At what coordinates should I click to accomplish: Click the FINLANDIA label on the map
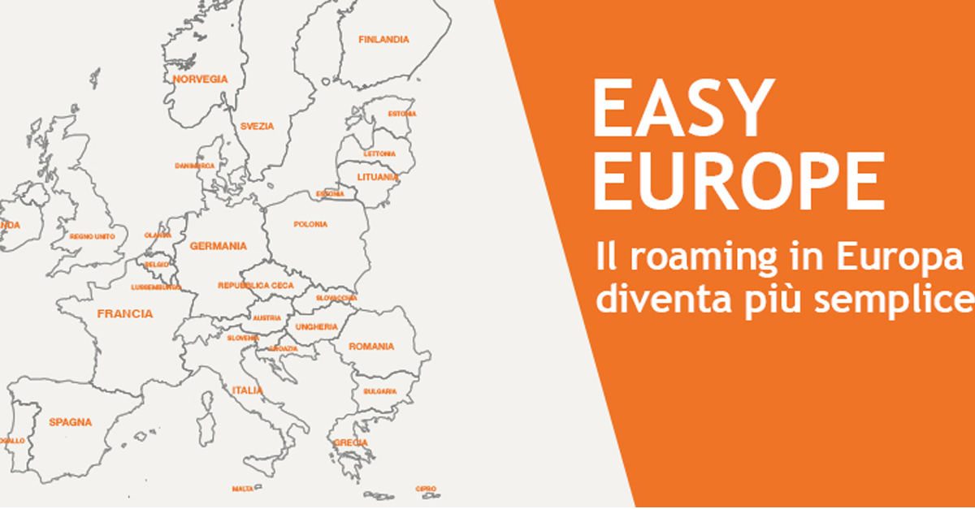(384, 39)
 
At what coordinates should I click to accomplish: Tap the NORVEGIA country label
(200, 79)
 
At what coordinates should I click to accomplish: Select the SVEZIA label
(257, 126)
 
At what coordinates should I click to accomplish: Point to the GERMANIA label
(218, 245)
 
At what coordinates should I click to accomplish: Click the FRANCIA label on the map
(124, 313)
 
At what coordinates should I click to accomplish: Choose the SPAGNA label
(70, 422)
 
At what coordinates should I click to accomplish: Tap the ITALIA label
(247, 390)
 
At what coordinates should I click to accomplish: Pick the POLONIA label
(310, 224)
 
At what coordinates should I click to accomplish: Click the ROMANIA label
(371, 347)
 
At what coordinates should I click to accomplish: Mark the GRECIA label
(350, 442)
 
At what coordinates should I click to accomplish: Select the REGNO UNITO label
(93, 236)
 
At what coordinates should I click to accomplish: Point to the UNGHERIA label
(316, 326)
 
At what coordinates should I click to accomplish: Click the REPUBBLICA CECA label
(256, 286)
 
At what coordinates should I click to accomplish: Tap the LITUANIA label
(378, 176)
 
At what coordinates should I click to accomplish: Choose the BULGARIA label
(380, 391)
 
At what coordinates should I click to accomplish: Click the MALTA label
(243, 489)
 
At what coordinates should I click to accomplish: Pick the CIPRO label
(426, 489)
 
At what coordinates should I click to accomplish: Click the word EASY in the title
(681, 109)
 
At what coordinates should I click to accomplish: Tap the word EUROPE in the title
(738, 180)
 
